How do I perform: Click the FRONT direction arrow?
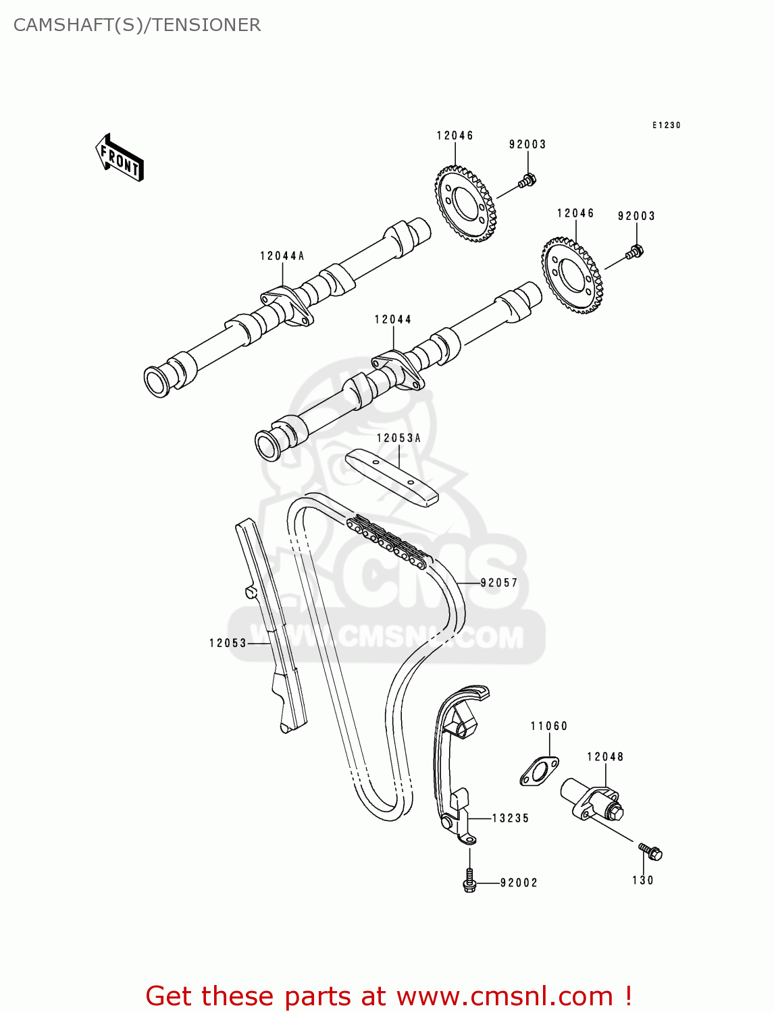pyautogui.click(x=120, y=158)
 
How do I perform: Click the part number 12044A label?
pyautogui.click(x=282, y=256)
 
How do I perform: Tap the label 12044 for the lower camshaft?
pyautogui.click(x=393, y=319)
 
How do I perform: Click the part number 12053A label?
pyautogui.click(x=398, y=438)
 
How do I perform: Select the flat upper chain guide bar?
pyautogui.click(x=392, y=478)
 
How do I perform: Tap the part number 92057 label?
pyautogui.click(x=499, y=582)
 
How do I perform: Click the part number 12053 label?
pyautogui.click(x=228, y=643)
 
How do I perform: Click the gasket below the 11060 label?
pyautogui.click(x=539, y=772)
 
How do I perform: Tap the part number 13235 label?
pyautogui.click(x=511, y=818)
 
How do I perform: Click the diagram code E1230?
pyautogui.click(x=666, y=125)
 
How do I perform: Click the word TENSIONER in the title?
pyautogui.click(x=206, y=25)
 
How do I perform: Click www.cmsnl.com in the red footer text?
pyautogui.click(x=505, y=996)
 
